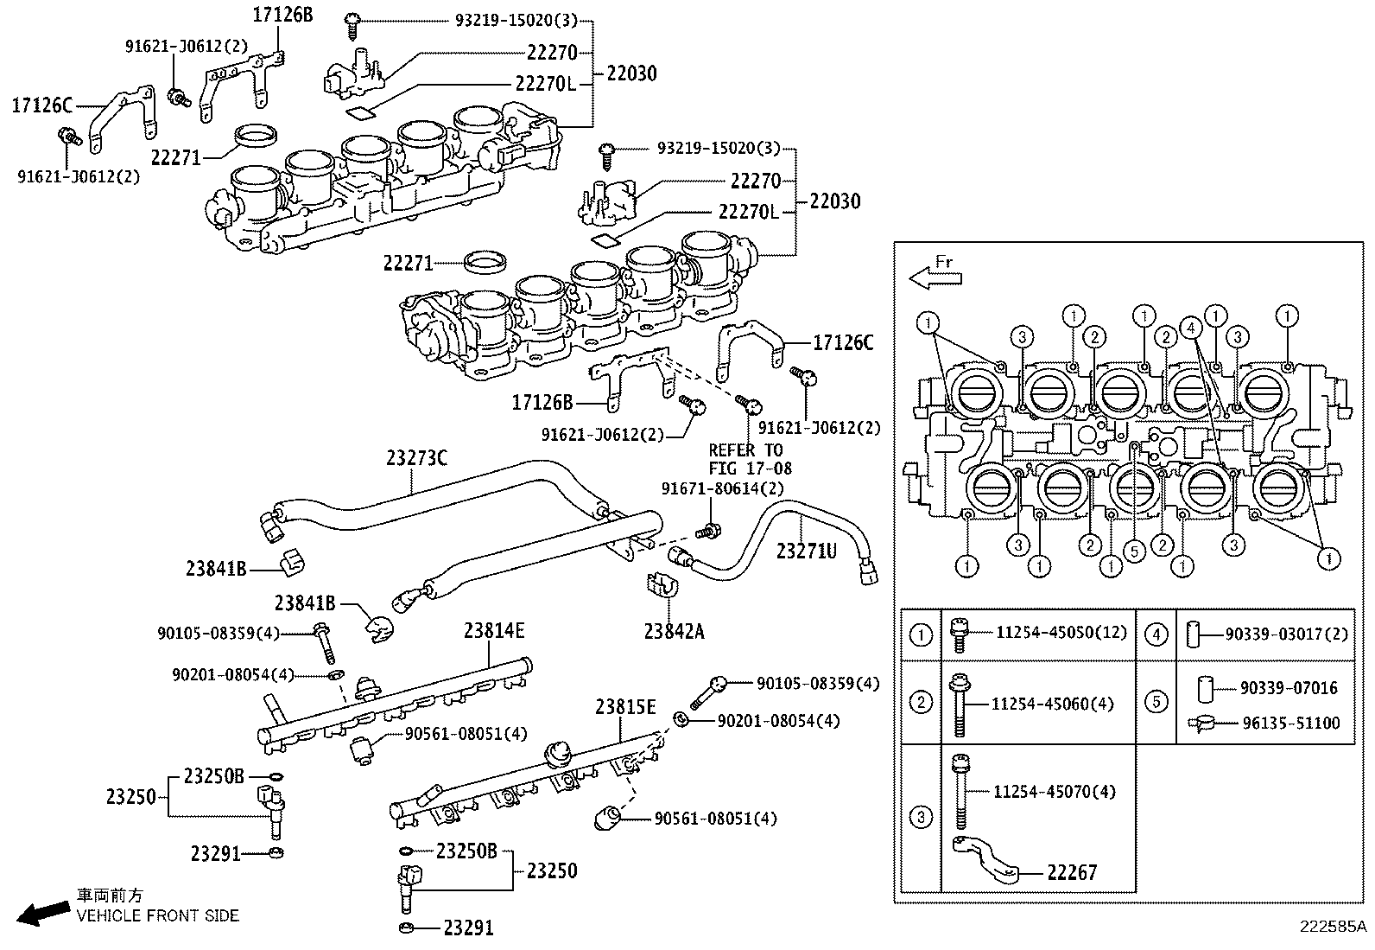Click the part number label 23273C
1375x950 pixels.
tap(416, 459)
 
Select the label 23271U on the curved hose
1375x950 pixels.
tap(806, 550)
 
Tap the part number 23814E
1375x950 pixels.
tap(493, 631)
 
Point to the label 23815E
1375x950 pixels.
tap(625, 707)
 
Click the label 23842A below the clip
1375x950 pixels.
tap(674, 632)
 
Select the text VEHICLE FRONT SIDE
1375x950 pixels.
tap(157, 915)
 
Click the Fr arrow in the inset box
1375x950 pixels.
tap(935, 277)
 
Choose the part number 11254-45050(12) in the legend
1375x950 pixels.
tap(1061, 632)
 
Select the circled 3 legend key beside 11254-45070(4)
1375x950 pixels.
tap(921, 817)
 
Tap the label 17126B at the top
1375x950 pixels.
tap(282, 14)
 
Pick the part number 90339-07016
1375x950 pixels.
tap(1289, 688)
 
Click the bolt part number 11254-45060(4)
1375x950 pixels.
tap(1052, 704)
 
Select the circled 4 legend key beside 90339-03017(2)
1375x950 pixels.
tap(1156, 634)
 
